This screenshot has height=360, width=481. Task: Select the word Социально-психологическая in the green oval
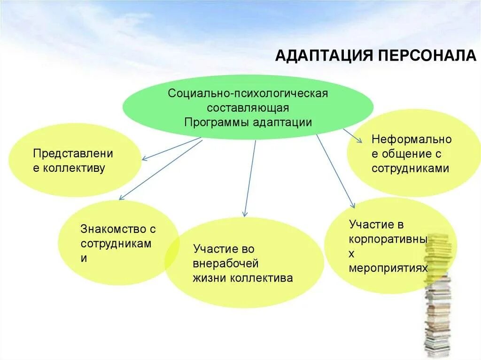(248, 92)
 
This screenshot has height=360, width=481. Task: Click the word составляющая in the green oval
(248, 107)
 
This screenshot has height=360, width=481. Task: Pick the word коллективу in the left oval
(74, 168)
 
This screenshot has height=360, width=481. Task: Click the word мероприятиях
(388, 268)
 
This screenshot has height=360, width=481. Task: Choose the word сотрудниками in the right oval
(410, 169)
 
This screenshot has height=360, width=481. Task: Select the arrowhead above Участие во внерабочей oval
(244, 214)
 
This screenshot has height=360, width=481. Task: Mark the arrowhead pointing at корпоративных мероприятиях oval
(353, 204)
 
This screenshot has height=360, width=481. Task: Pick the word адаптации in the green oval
(283, 122)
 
